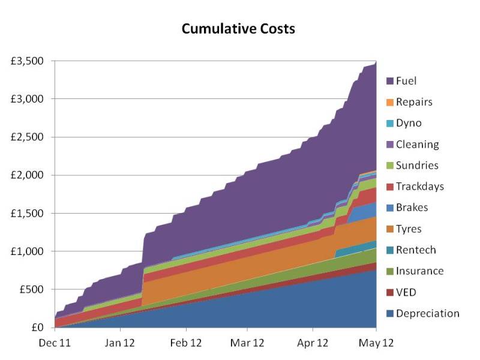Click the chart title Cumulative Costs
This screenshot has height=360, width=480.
(x=239, y=29)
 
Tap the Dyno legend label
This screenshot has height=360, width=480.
(x=409, y=123)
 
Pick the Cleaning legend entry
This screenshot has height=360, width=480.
(x=417, y=144)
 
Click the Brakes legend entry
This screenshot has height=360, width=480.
(x=411, y=208)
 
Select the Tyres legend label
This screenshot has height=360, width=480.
(x=409, y=229)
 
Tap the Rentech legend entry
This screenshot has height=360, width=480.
(x=416, y=250)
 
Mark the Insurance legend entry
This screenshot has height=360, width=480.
(x=419, y=271)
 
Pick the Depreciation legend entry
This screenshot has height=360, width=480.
(x=427, y=313)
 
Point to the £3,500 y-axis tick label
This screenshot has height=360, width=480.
(x=29, y=61)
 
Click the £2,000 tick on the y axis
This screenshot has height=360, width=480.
(x=29, y=175)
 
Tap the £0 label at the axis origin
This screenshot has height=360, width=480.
(x=39, y=328)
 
